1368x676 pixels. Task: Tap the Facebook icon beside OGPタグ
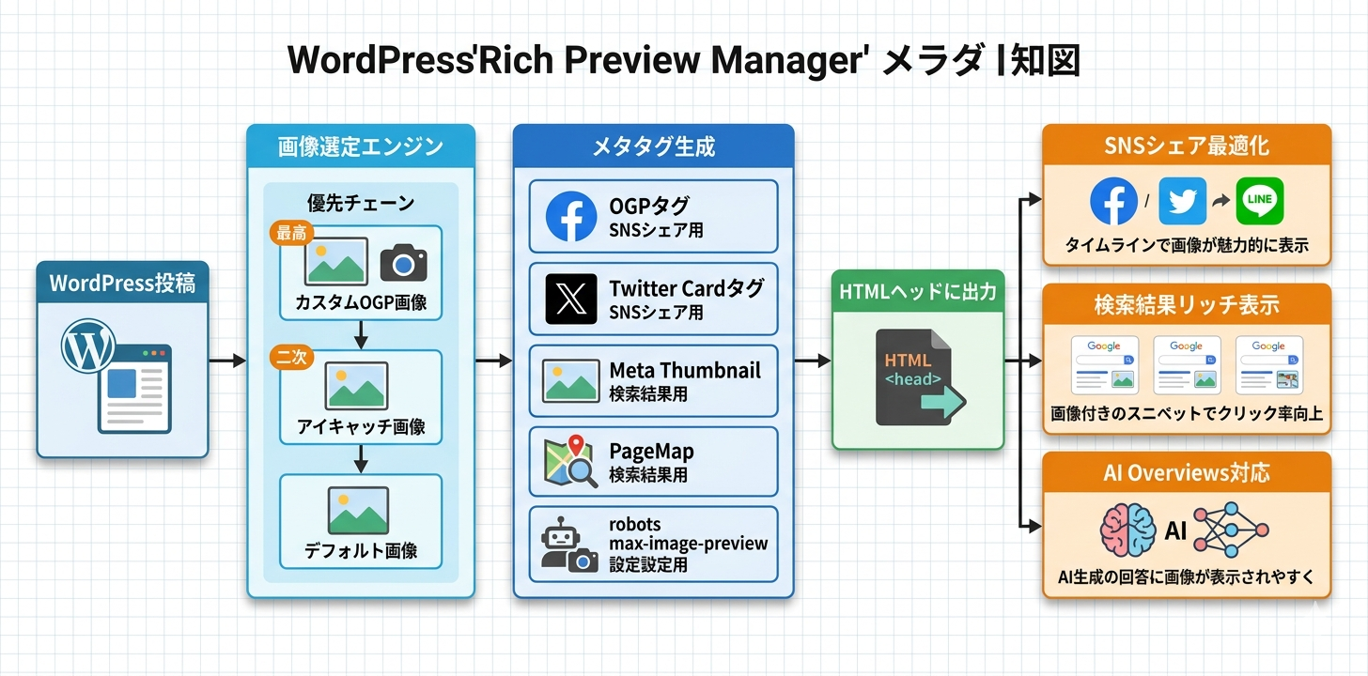tap(571, 217)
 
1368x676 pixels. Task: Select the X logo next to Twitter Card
tap(571, 299)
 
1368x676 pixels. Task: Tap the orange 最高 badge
tap(290, 234)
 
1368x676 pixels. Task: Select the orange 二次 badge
tap(290, 358)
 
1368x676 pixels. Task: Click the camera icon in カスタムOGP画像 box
tap(403, 263)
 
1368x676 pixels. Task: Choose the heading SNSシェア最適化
tap(1187, 146)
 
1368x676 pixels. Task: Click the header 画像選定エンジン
tap(361, 146)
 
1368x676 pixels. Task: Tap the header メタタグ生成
tap(653, 146)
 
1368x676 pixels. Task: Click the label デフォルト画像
tap(361, 550)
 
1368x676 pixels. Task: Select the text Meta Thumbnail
tap(684, 370)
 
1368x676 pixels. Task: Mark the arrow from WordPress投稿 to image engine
tap(226, 361)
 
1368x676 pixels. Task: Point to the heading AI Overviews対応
tap(1187, 472)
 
